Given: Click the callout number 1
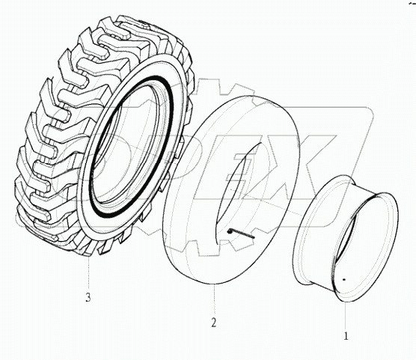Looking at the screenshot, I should (346, 326).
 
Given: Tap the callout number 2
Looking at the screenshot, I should (213, 323).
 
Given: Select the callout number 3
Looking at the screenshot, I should (88, 298).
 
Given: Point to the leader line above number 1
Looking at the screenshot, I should (346, 310).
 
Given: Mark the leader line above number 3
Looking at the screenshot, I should (88, 274).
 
